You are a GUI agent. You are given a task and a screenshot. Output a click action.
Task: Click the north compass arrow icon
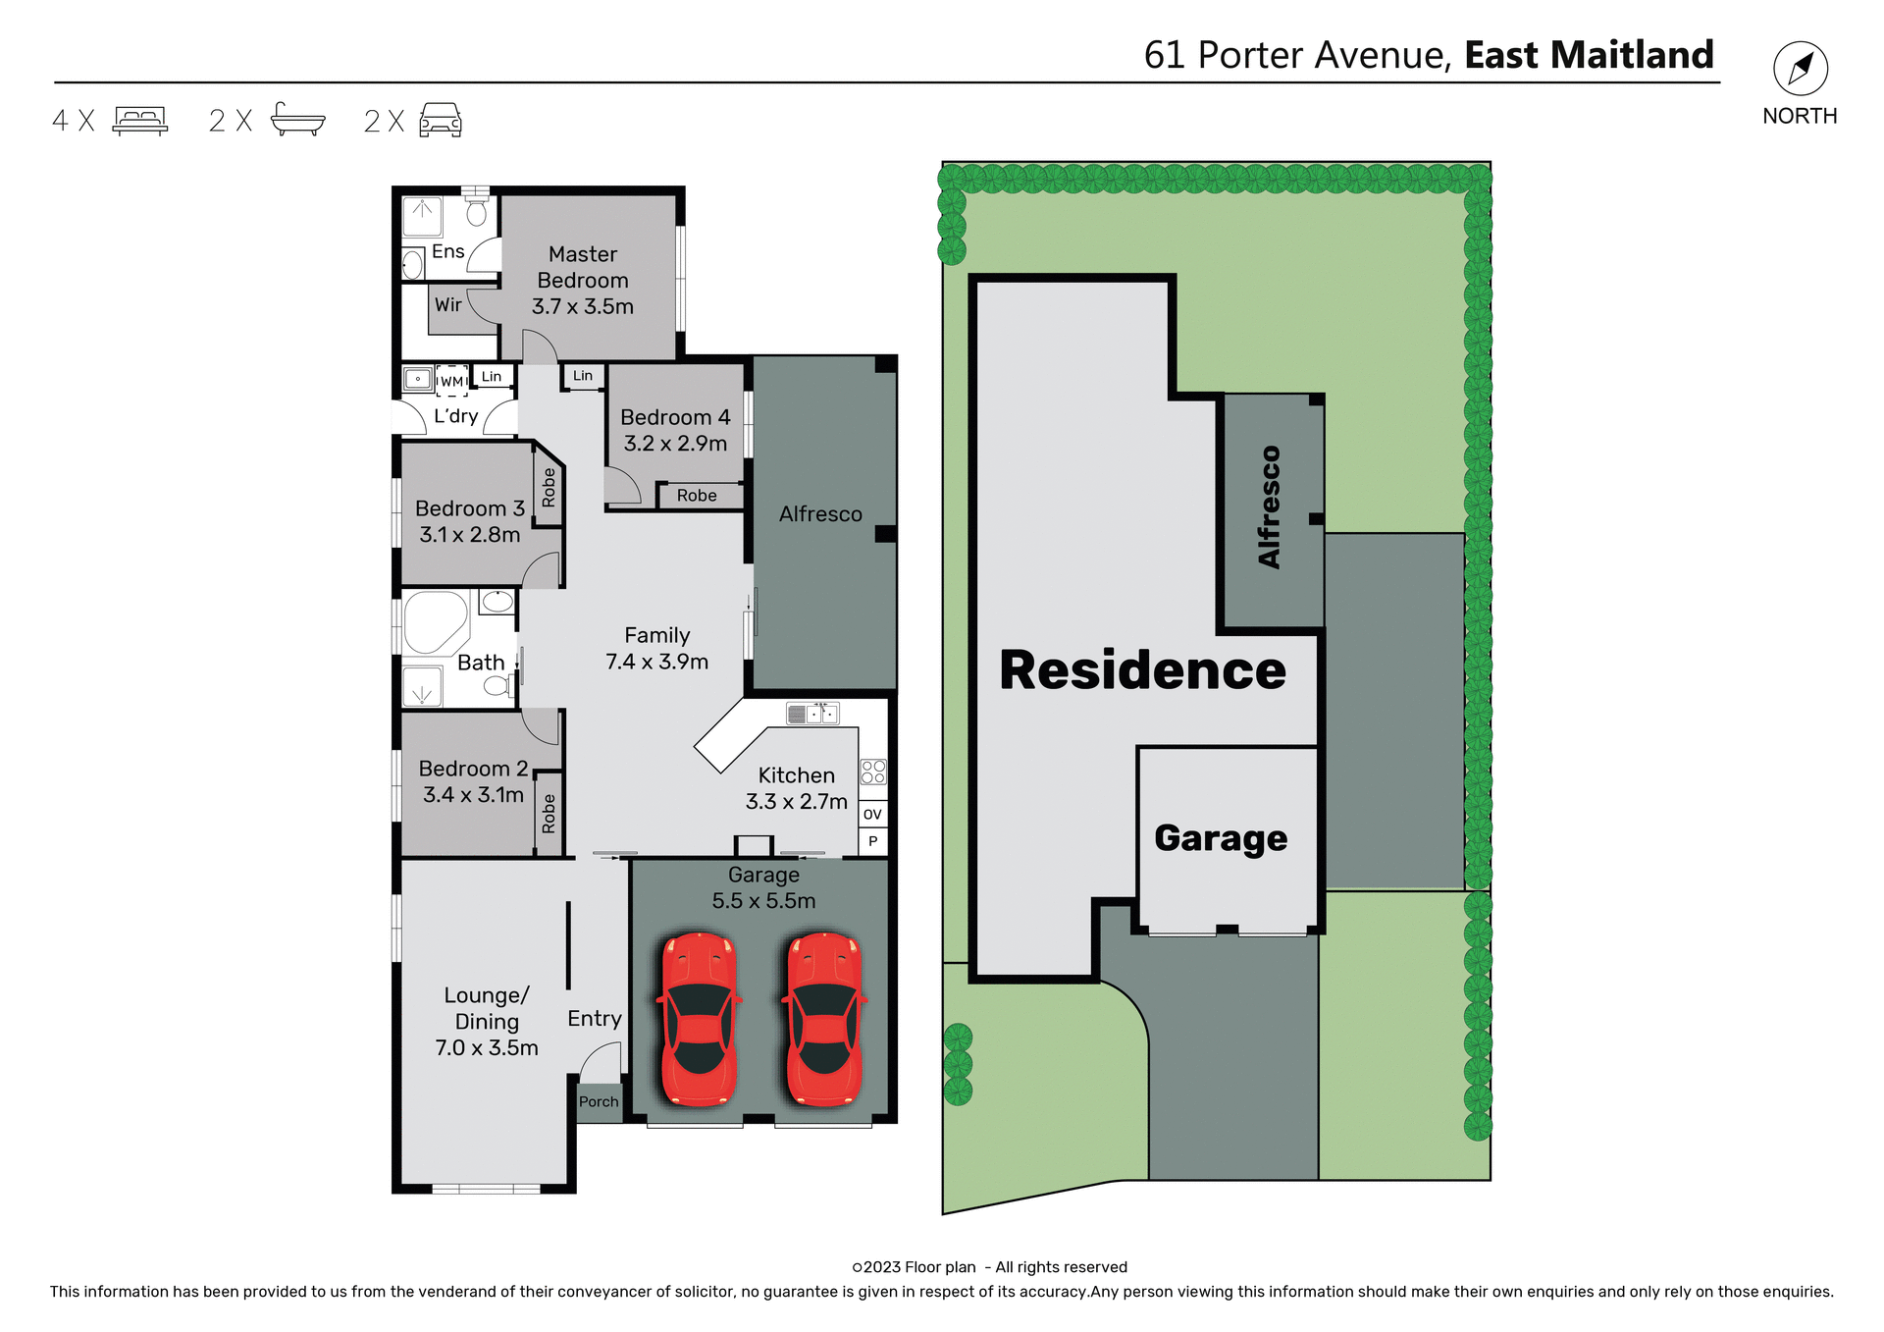(1800, 69)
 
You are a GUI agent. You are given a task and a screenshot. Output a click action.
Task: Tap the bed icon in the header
(140, 120)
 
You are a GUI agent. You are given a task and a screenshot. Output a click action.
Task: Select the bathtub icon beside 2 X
(297, 119)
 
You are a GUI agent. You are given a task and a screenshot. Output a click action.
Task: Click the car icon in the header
(441, 120)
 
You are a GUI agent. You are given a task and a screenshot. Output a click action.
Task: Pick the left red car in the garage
(699, 1018)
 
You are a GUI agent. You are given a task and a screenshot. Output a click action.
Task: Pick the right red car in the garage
(824, 1018)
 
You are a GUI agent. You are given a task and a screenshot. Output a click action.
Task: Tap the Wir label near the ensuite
(448, 304)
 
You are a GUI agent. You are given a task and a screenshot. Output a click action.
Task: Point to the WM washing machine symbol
(451, 381)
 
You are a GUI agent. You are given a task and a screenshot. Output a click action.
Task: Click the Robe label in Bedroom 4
(697, 496)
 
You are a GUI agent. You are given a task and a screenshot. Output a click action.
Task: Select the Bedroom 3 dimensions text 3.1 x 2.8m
(469, 535)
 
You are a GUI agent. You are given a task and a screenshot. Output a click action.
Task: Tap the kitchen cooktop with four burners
(872, 772)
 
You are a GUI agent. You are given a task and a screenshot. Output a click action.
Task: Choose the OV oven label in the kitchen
(872, 814)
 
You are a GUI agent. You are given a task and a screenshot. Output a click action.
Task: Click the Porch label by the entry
(599, 1101)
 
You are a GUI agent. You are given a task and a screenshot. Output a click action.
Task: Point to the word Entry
(595, 1019)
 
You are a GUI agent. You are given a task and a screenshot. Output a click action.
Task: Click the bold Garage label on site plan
(1221, 838)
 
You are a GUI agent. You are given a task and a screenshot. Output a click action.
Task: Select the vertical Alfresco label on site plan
(1270, 506)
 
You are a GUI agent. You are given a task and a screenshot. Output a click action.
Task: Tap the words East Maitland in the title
(1589, 55)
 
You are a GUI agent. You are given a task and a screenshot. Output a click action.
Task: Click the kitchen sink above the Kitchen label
(812, 714)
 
